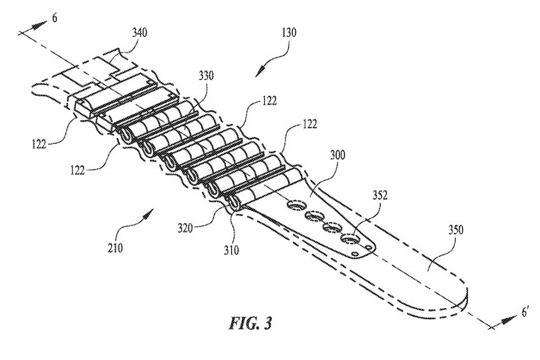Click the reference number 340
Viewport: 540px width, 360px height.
(140, 33)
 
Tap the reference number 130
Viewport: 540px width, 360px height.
(289, 33)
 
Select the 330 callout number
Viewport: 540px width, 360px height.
(206, 75)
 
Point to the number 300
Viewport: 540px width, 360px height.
(337, 155)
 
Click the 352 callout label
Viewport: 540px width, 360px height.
(380, 195)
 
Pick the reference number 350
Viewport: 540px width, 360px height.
(456, 229)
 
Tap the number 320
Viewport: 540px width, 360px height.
(185, 228)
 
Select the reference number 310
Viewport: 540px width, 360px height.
(231, 250)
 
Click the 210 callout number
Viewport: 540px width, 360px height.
(115, 247)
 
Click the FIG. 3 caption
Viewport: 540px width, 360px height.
(251, 323)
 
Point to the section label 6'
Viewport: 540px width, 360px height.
(525, 312)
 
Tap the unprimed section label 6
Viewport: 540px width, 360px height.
(55, 18)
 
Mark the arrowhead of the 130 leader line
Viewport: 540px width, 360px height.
(259, 72)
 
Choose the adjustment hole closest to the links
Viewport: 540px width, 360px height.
(298, 206)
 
